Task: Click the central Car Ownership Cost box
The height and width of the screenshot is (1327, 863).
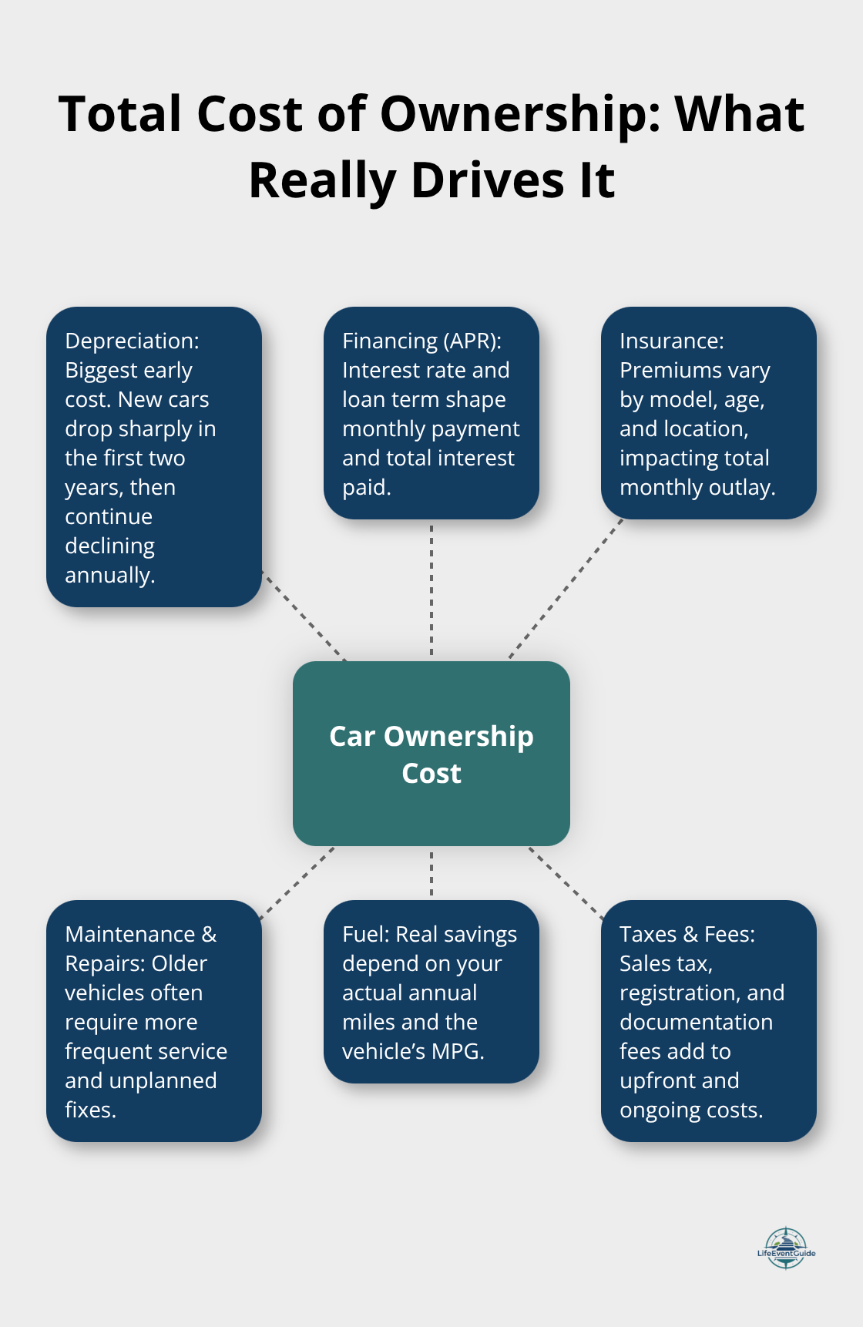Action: [x=431, y=754]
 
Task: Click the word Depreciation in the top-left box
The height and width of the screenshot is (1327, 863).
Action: [x=130, y=341]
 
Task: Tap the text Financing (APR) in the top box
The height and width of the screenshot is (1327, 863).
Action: [x=421, y=341]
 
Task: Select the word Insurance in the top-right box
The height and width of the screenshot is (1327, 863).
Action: [x=670, y=341]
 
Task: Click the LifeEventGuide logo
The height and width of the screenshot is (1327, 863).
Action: [x=786, y=1248]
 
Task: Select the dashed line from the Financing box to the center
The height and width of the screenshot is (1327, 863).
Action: [x=431, y=590]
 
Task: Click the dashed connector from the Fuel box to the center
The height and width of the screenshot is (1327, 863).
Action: [x=431, y=873]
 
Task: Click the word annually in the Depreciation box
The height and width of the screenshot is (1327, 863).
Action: [x=109, y=575]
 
